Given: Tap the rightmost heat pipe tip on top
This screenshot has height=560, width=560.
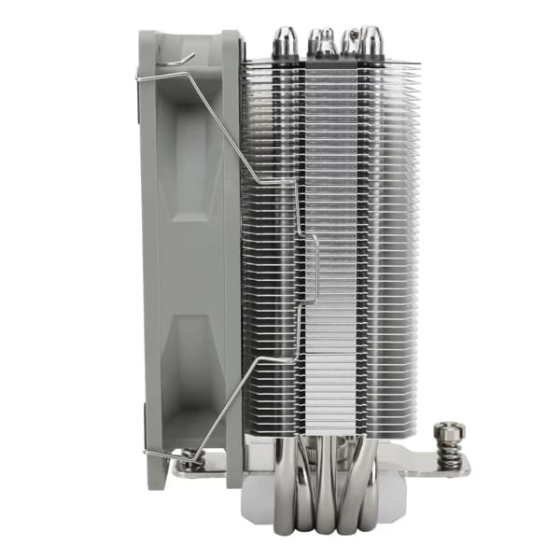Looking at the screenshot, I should click(x=372, y=40).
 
